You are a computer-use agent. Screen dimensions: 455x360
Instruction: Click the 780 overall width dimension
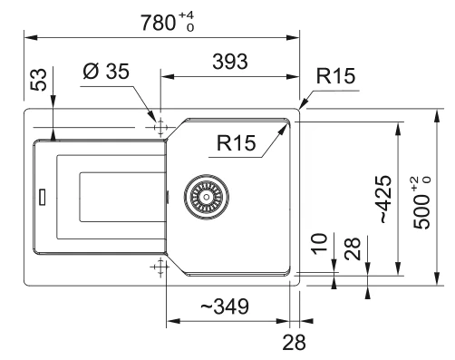pyautogui.click(x=159, y=23)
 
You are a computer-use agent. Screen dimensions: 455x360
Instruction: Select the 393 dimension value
pyautogui.click(x=230, y=62)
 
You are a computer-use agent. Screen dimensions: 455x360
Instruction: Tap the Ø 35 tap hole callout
pyautogui.click(x=106, y=72)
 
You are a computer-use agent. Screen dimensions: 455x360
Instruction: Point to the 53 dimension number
pyautogui.click(x=40, y=80)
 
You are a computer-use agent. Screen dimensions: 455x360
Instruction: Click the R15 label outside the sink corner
pyautogui.click(x=335, y=76)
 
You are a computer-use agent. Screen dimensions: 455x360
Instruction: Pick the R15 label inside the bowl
pyautogui.click(x=236, y=143)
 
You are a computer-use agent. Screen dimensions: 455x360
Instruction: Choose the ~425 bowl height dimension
pyautogui.click(x=384, y=199)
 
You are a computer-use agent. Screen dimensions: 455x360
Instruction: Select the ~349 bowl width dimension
pyautogui.click(x=225, y=306)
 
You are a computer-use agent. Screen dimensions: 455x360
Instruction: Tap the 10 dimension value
pyautogui.click(x=320, y=244)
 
